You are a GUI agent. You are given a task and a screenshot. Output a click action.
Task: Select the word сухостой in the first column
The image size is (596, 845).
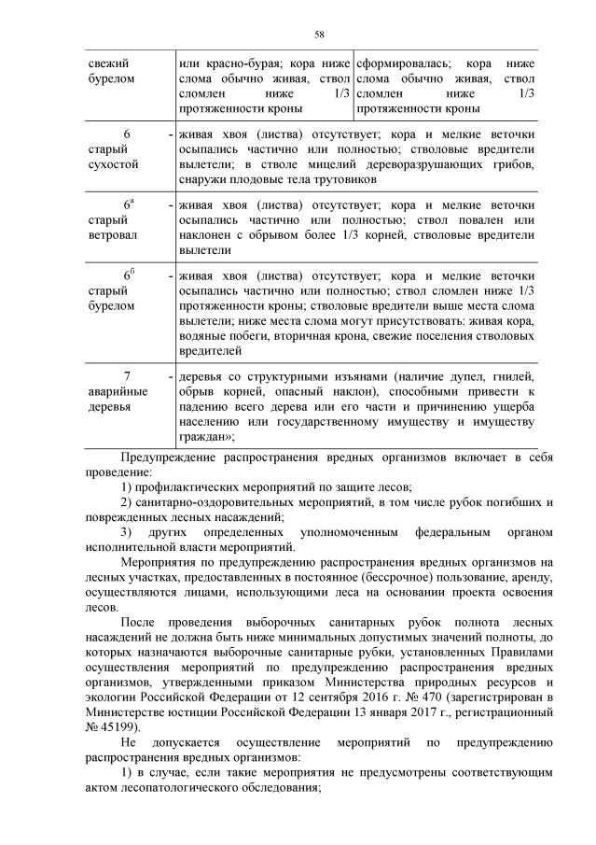coord(112,164)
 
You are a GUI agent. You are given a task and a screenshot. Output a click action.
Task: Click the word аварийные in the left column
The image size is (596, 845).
coord(115,392)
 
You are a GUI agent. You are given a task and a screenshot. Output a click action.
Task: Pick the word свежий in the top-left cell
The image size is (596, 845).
coord(103,63)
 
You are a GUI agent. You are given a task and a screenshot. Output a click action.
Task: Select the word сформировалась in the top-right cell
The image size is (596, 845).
coord(399,63)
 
